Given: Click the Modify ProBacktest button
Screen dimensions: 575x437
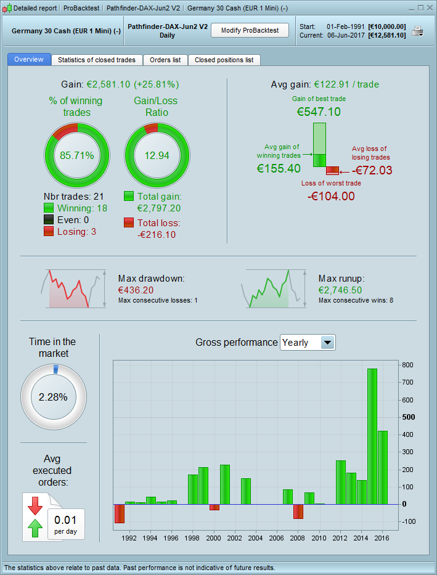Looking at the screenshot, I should coord(250,30).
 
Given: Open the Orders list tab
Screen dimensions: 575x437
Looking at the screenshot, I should coord(165,60).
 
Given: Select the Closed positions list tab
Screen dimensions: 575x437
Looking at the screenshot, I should coord(224,60).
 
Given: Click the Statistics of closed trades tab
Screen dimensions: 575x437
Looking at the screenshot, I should coord(97,60).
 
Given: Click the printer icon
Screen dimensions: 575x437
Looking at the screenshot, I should coord(418,31).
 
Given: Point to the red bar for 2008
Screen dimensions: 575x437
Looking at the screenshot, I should coord(298,512).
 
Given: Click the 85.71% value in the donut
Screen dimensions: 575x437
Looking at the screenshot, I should coord(77,155).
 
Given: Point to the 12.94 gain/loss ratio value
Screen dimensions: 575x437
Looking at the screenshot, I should coord(156,155).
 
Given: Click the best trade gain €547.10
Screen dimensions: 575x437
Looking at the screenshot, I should coord(319,112).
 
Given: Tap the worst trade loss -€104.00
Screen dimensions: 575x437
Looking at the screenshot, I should coord(331,196).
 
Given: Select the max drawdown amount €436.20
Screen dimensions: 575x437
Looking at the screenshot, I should coord(136,290).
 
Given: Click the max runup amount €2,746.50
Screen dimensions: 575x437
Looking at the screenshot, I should coord(340,290).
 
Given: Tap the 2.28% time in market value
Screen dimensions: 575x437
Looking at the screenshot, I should coord(53,397).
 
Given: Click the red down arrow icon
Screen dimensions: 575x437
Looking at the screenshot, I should coord(35,505).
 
